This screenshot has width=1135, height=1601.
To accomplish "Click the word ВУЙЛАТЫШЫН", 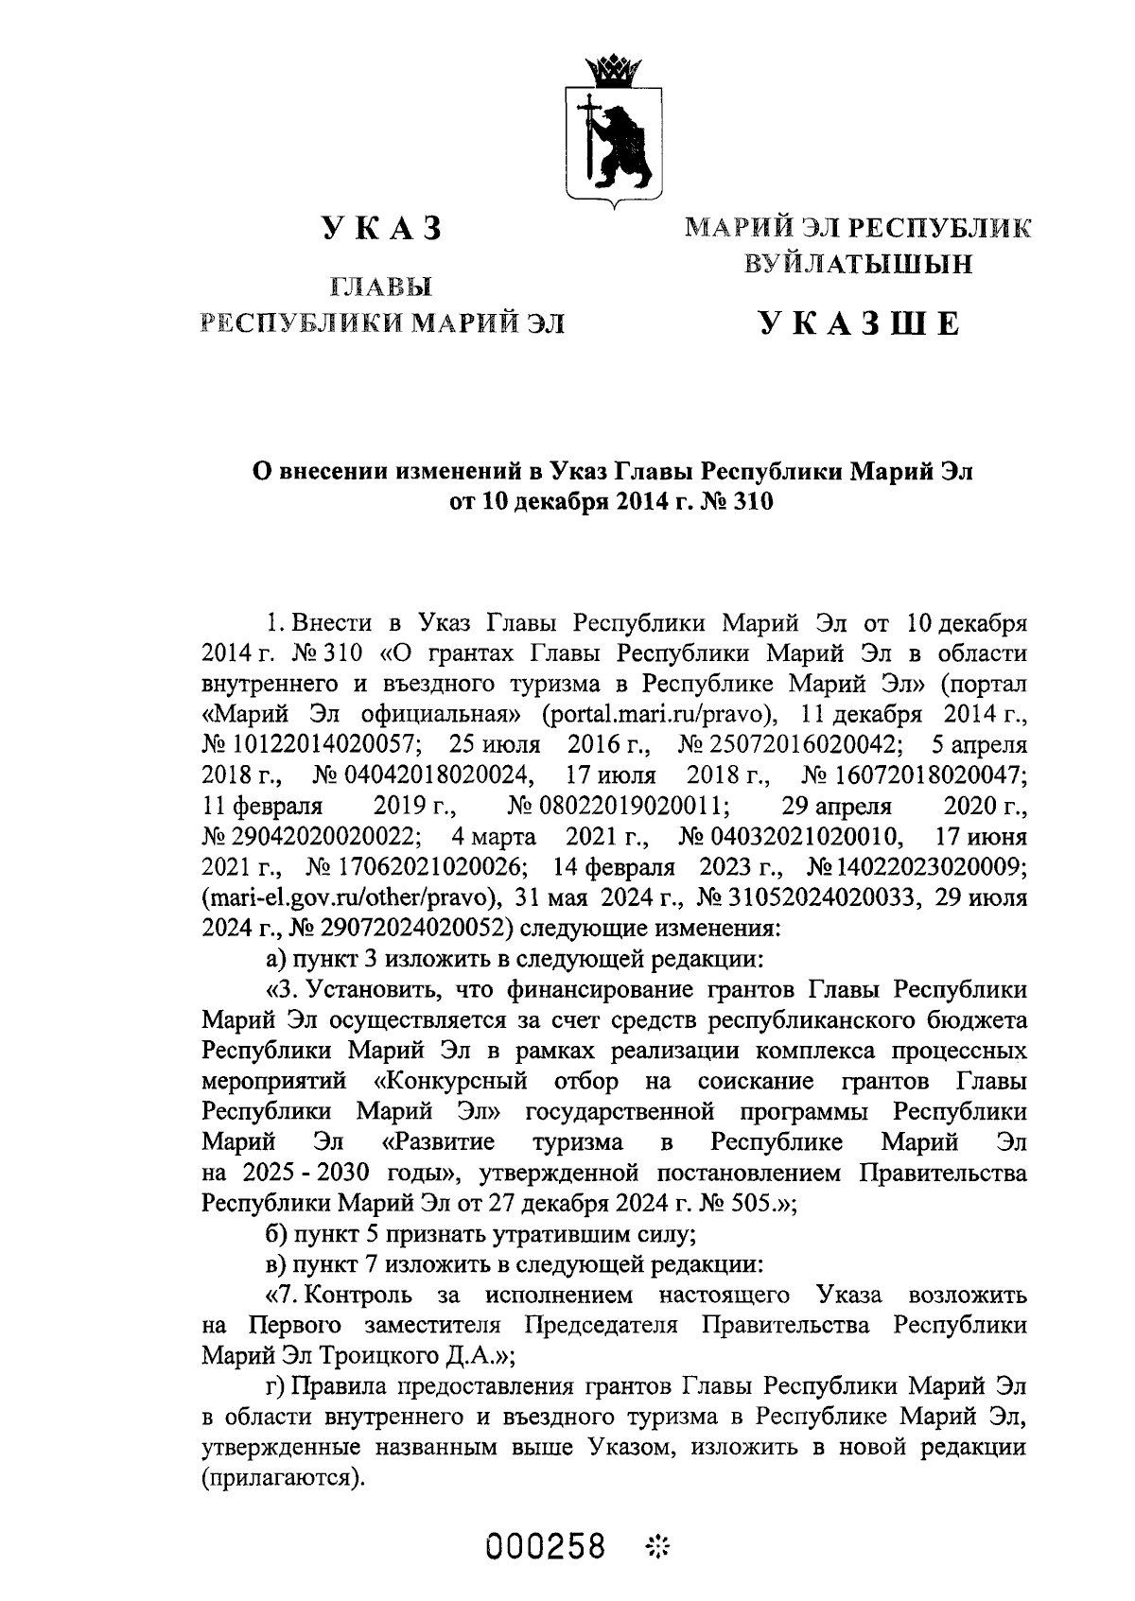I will pos(858,266).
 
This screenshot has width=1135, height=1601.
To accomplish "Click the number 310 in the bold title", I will pos(753,501).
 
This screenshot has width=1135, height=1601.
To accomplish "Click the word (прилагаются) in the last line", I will pos(283,1478).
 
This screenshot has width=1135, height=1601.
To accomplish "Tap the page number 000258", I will pos(546,1548).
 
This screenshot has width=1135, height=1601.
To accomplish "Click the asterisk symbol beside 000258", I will pos(655,1548).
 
